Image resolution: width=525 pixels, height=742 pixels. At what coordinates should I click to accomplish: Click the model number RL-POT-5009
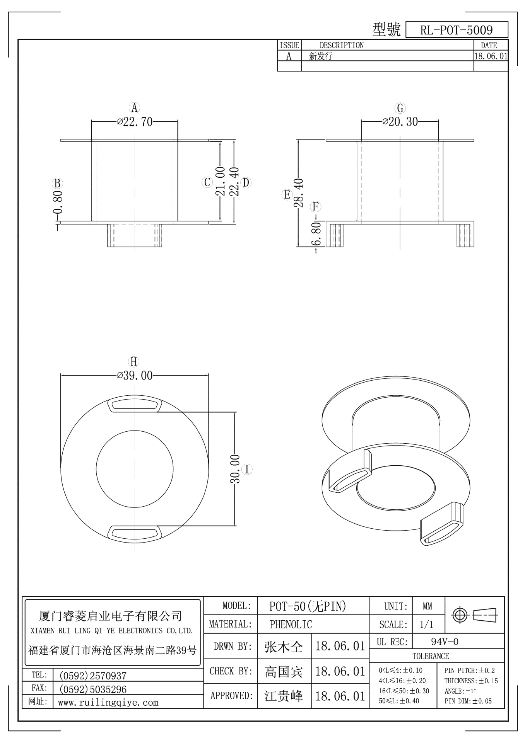pyautogui.click(x=456, y=30)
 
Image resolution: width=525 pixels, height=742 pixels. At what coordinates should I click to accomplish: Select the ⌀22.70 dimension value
pyautogui.click(x=135, y=122)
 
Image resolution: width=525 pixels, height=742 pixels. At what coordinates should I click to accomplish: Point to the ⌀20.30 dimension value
pyautogui.click(x=400, y=122)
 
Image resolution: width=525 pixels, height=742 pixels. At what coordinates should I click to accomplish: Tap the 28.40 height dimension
pyautogui.click(x=299, y=193)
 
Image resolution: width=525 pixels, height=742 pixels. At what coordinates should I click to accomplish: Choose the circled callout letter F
pyautogui.click(x=316, y=207)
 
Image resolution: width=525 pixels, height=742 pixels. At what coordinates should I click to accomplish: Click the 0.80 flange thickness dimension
pyautogui.click(x=58, y=203)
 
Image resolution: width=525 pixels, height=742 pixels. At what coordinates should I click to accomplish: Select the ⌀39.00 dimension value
pyautogui.click(x=135, y=375)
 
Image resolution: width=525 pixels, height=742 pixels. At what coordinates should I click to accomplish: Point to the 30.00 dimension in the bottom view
pyautogui.click(x=235, y=469)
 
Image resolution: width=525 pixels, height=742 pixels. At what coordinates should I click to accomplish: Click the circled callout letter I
pyautogui.click(x=247, y=470)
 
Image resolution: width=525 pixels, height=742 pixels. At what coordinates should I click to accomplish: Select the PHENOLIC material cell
pyautogui.click(x=291, y=624)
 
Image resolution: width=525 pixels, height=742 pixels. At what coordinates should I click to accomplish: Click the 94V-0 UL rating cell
pyautogui.click(x=445, y=642)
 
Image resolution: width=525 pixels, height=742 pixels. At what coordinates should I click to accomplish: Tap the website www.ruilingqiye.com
pyautogui.click(x=108, y=703)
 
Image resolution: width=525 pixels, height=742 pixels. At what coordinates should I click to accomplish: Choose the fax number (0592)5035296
pyautogui.click(x=92, y=689)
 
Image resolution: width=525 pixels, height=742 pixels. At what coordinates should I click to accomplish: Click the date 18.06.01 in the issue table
pyautogui.click(x=491, y=56)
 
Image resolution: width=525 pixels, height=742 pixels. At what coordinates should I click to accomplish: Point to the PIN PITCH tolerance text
pyautogui.click(x=469, y=671)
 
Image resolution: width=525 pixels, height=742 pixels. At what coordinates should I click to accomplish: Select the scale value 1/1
pyautogui.click(x=427, y=625)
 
